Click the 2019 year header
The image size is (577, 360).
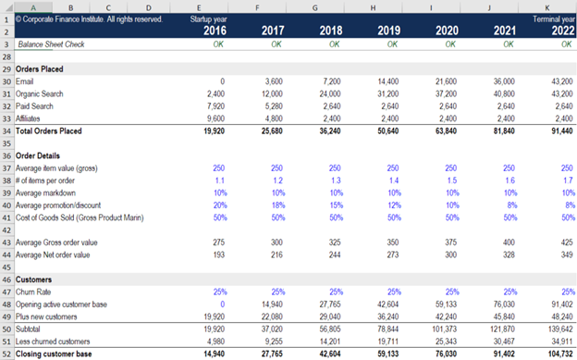389,31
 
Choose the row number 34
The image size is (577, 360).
7,131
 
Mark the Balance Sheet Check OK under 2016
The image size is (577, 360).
218,43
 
